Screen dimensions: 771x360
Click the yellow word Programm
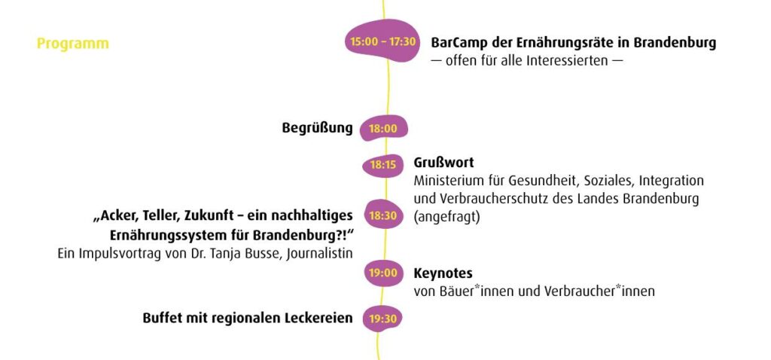point(73,44)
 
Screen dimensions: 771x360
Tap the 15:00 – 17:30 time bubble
point(382,41)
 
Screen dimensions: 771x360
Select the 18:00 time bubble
point(383,129)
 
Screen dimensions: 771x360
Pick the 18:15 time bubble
point(383,165)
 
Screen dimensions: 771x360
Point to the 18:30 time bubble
point(383,215)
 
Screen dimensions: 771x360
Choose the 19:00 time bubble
point(383,273)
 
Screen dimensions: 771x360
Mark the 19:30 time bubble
point(382,319)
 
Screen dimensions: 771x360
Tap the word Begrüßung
point(317,128)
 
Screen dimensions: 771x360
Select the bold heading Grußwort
point(443,162)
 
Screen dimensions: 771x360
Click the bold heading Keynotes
point(443,273)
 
